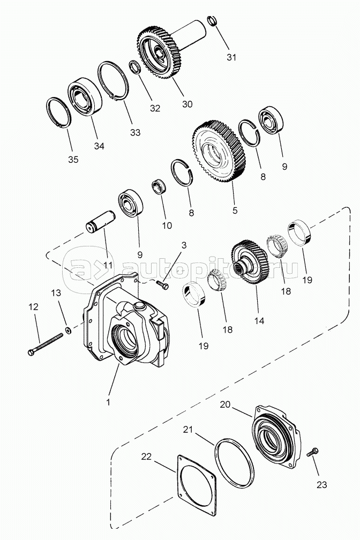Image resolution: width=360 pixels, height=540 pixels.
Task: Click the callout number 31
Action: click(231, 58)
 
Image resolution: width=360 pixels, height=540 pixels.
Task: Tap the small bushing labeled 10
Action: click(159, 187)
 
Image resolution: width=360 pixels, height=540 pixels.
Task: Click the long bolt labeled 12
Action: click(45, 343)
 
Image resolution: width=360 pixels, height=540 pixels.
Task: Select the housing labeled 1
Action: click(126, 327)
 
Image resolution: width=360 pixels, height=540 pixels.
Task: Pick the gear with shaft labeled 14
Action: click(247, 261)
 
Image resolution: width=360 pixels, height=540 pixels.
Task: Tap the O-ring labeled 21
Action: click(235, 462)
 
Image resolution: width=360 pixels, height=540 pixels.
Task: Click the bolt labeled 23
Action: click(313, 452)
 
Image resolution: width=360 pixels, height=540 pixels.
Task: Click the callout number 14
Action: click(259, 321)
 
